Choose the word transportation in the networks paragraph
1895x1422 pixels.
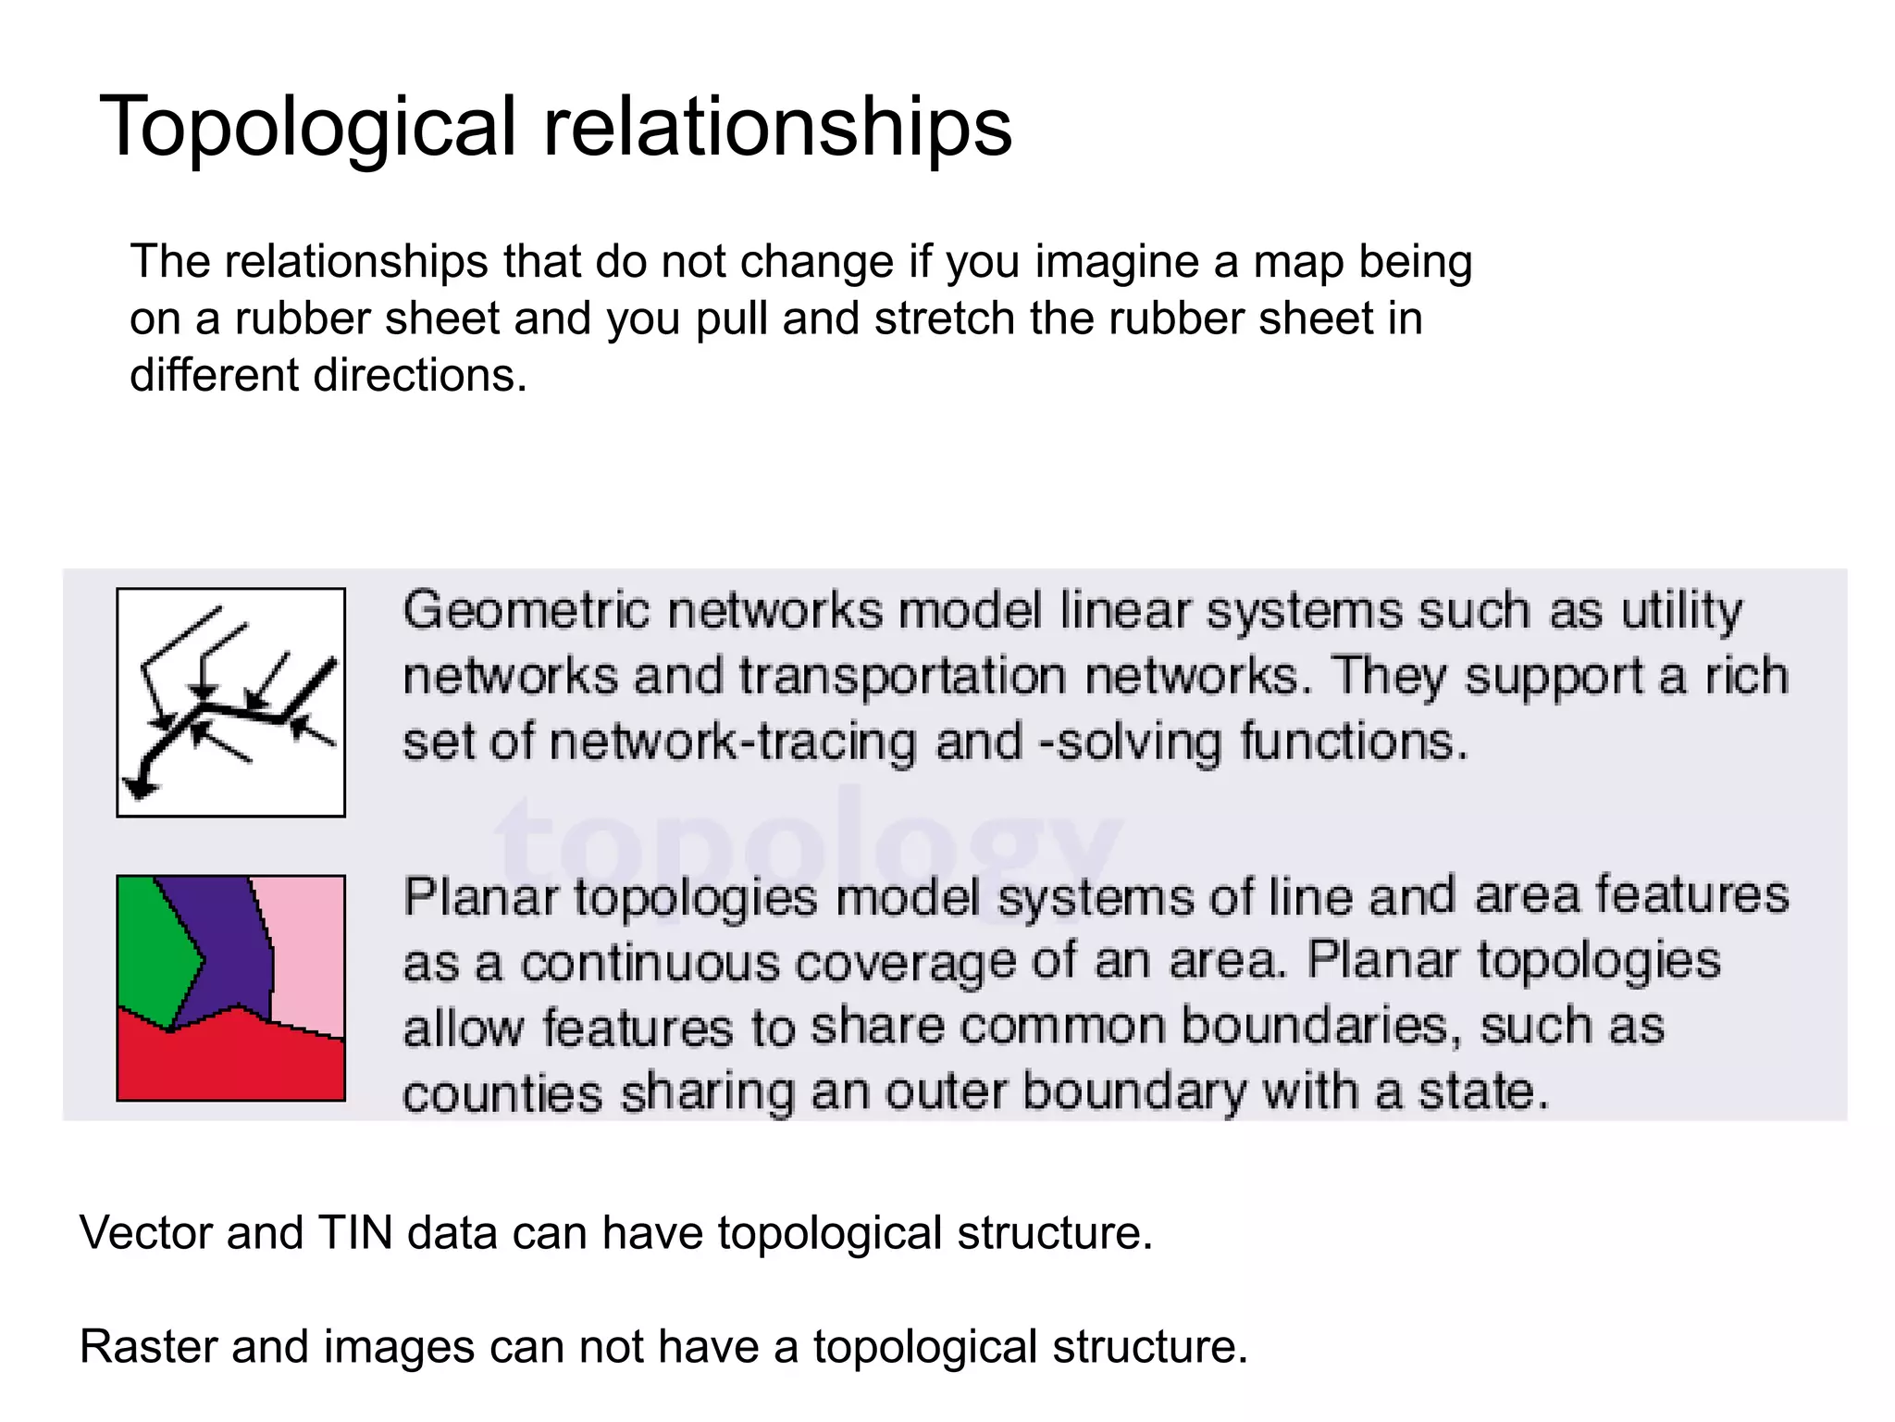(x=903, y=677)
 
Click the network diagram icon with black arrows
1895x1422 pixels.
(x=230, y=703)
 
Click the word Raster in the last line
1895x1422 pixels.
(x=148, y=1347)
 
